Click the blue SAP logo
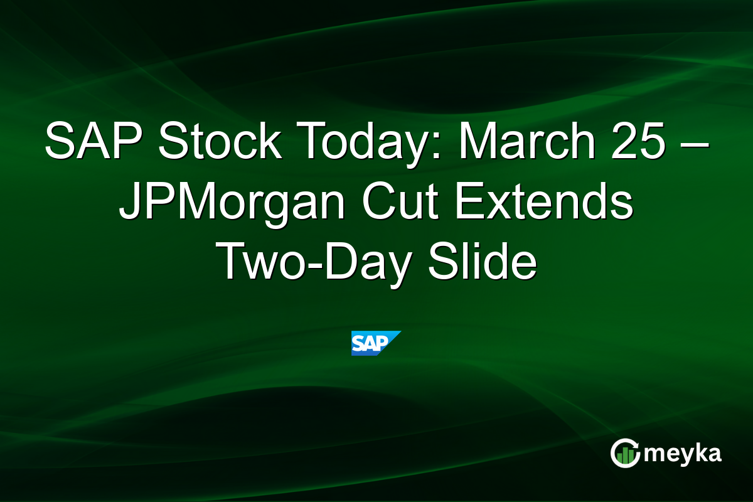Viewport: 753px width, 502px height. click(x=376, y=343)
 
